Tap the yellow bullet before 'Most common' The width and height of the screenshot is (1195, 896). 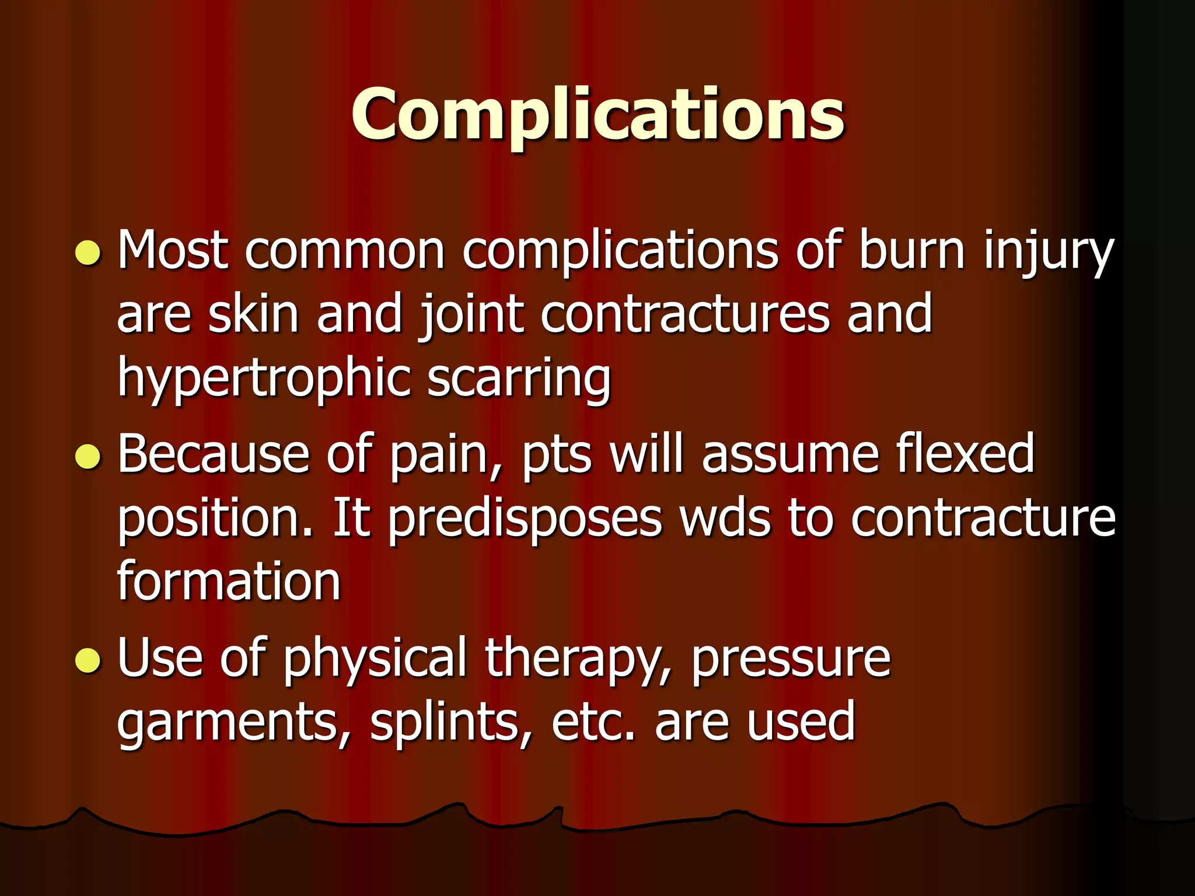click(x=89, y=253)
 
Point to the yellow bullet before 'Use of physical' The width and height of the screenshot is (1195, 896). click(x=89, y=660)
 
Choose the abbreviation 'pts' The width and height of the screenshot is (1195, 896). click(x=557, y=456)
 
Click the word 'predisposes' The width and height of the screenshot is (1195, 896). click(x=525, y=519)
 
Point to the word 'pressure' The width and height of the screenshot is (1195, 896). click(x=791, y=660)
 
